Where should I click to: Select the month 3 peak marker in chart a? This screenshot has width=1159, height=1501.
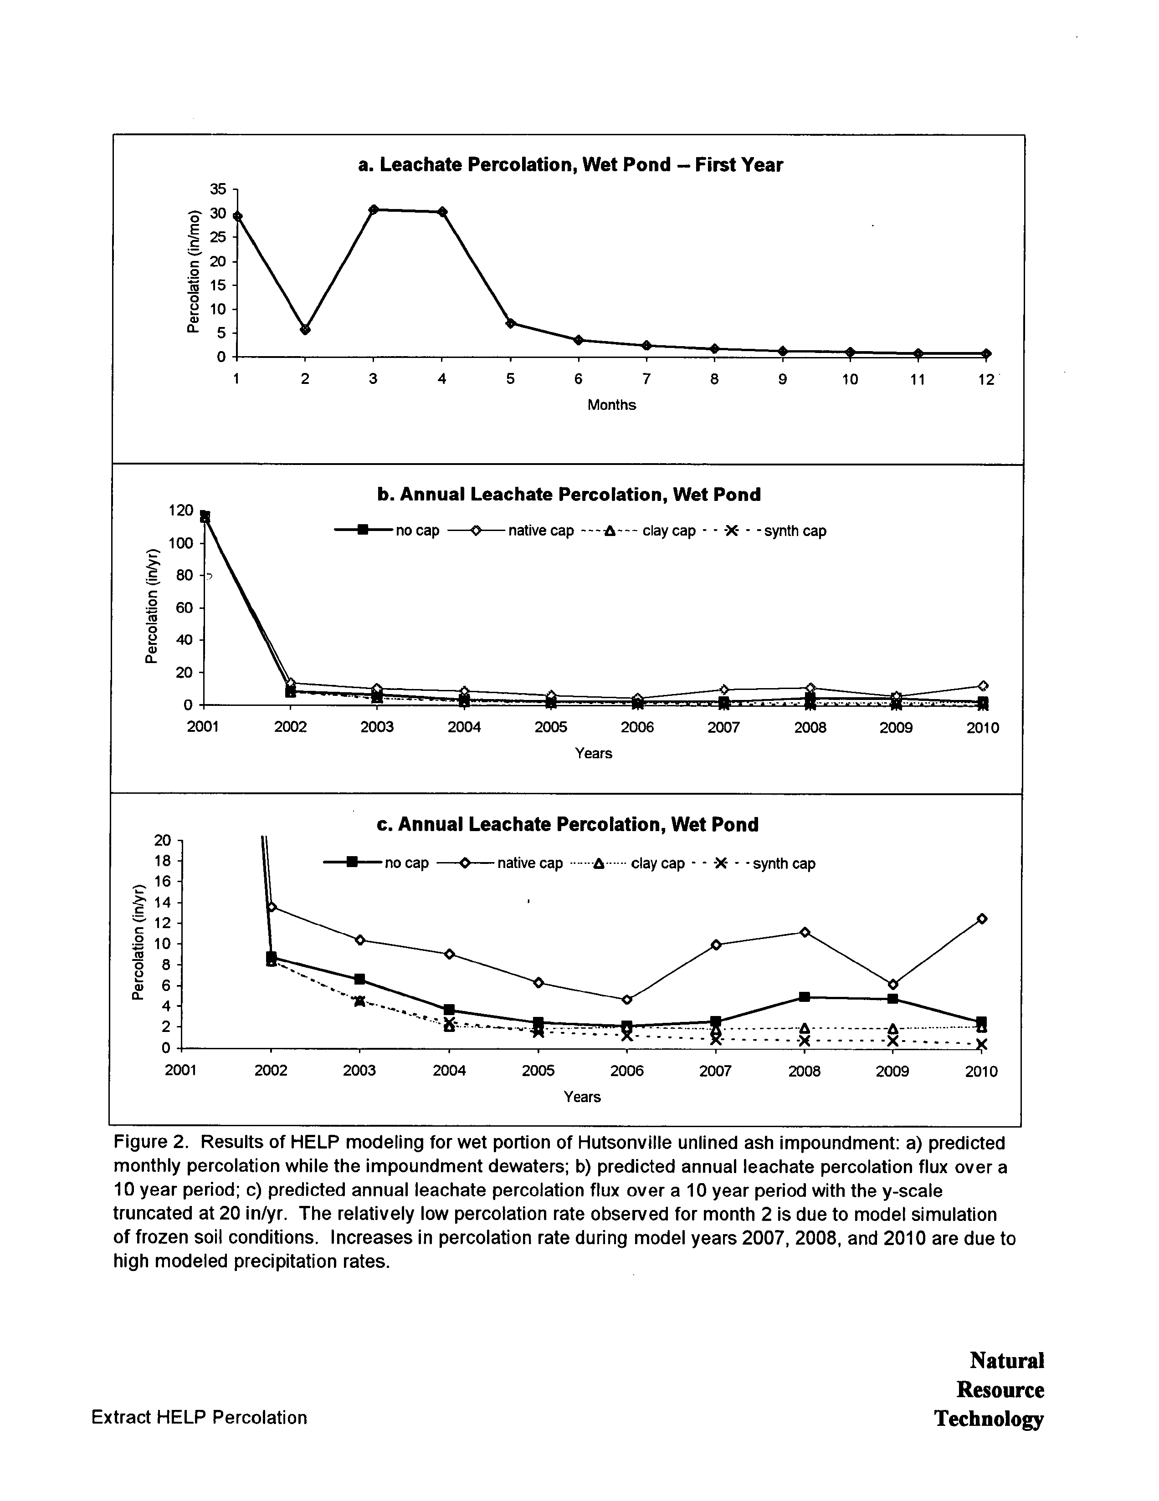(x=373, y=209)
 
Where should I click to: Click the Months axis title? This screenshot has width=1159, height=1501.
(x=611, y=405)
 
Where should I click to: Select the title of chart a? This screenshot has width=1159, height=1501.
(x=570, y=165)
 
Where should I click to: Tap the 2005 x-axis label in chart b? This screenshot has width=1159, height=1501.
(x=551, y=727)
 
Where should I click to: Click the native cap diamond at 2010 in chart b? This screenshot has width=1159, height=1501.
(x=983, y=685)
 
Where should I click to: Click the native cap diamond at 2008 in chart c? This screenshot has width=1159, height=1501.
(x=804, y=932)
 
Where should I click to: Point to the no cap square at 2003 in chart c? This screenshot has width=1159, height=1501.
(x=359, y=979)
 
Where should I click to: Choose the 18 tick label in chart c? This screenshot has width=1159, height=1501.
(x=162, y=860)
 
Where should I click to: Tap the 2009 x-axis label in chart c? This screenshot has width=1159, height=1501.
(x=892, y=1071)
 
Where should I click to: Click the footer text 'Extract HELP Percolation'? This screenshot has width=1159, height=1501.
(x=200, y=1417)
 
